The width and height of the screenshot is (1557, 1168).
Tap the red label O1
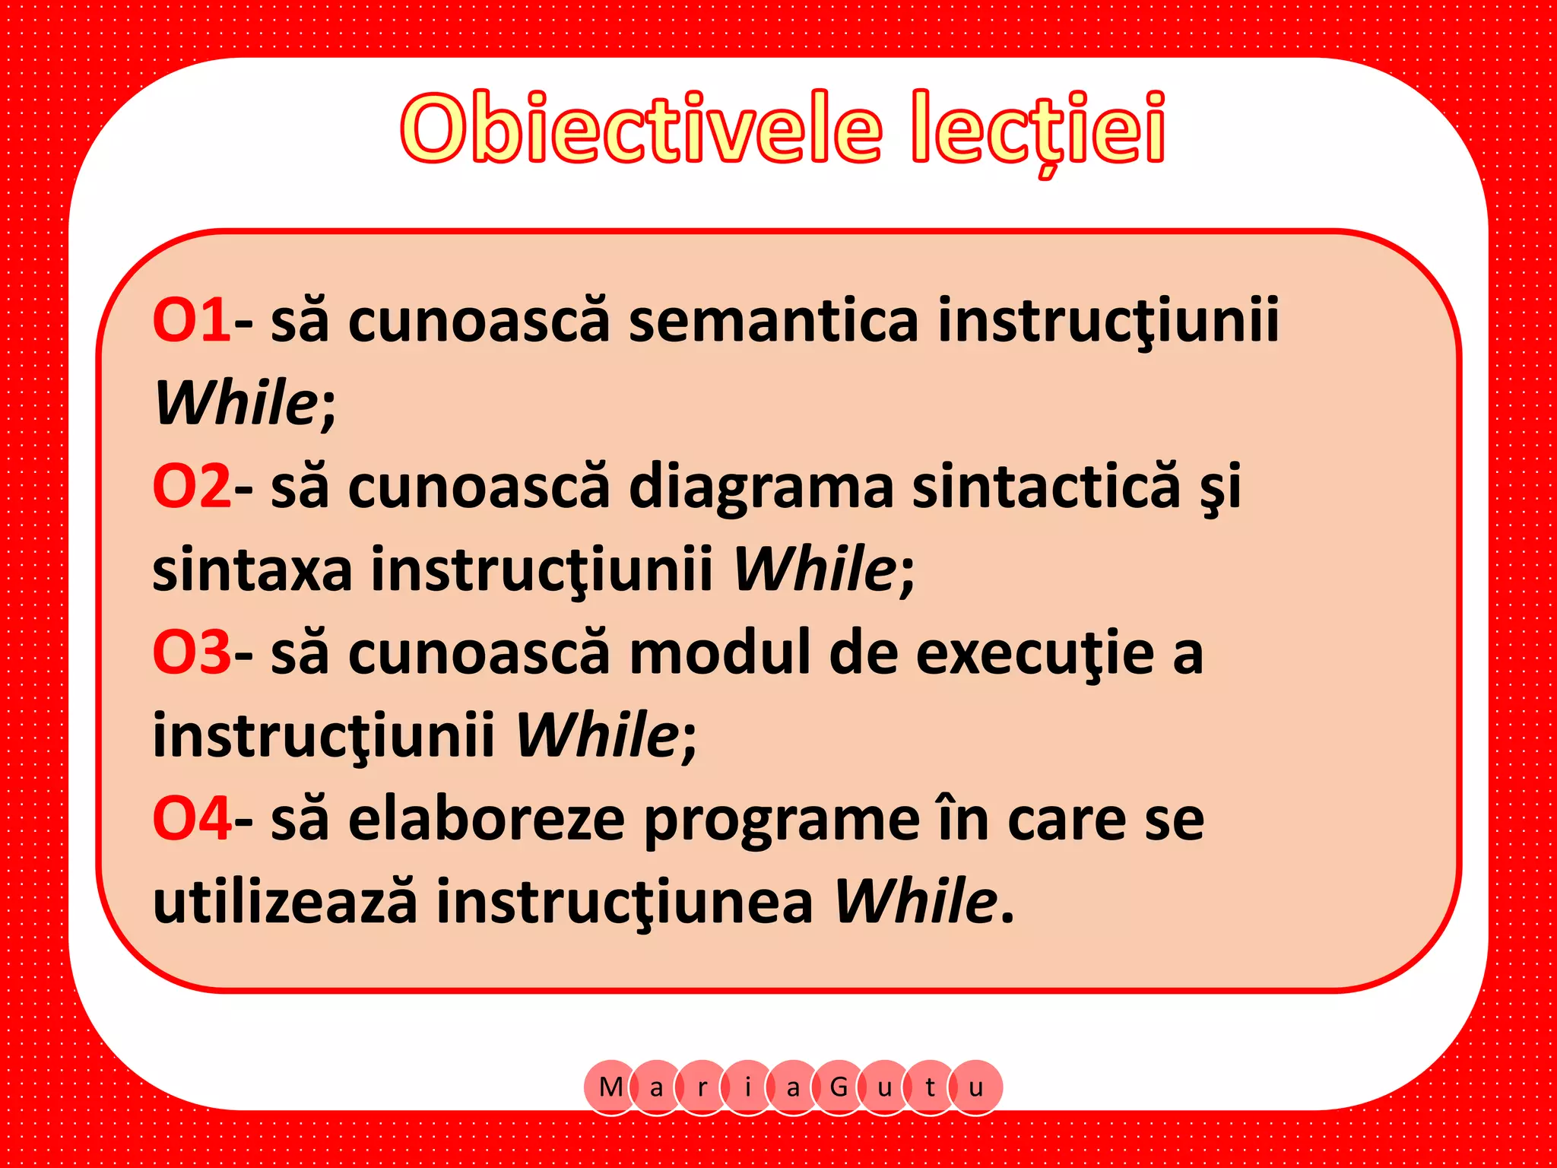(191, 320)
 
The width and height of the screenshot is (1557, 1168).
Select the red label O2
(191, 486)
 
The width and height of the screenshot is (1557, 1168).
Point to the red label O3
(191, 652)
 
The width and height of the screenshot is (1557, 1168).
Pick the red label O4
(191, 819)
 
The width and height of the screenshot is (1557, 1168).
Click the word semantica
(773, 320)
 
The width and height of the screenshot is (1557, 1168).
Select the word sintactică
(1046, 486)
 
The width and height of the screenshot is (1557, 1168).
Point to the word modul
(721, 652)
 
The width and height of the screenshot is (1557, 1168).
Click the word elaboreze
(487, 819)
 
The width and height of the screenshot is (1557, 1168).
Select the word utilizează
(285, 902)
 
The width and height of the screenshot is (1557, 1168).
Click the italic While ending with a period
(916, 902)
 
